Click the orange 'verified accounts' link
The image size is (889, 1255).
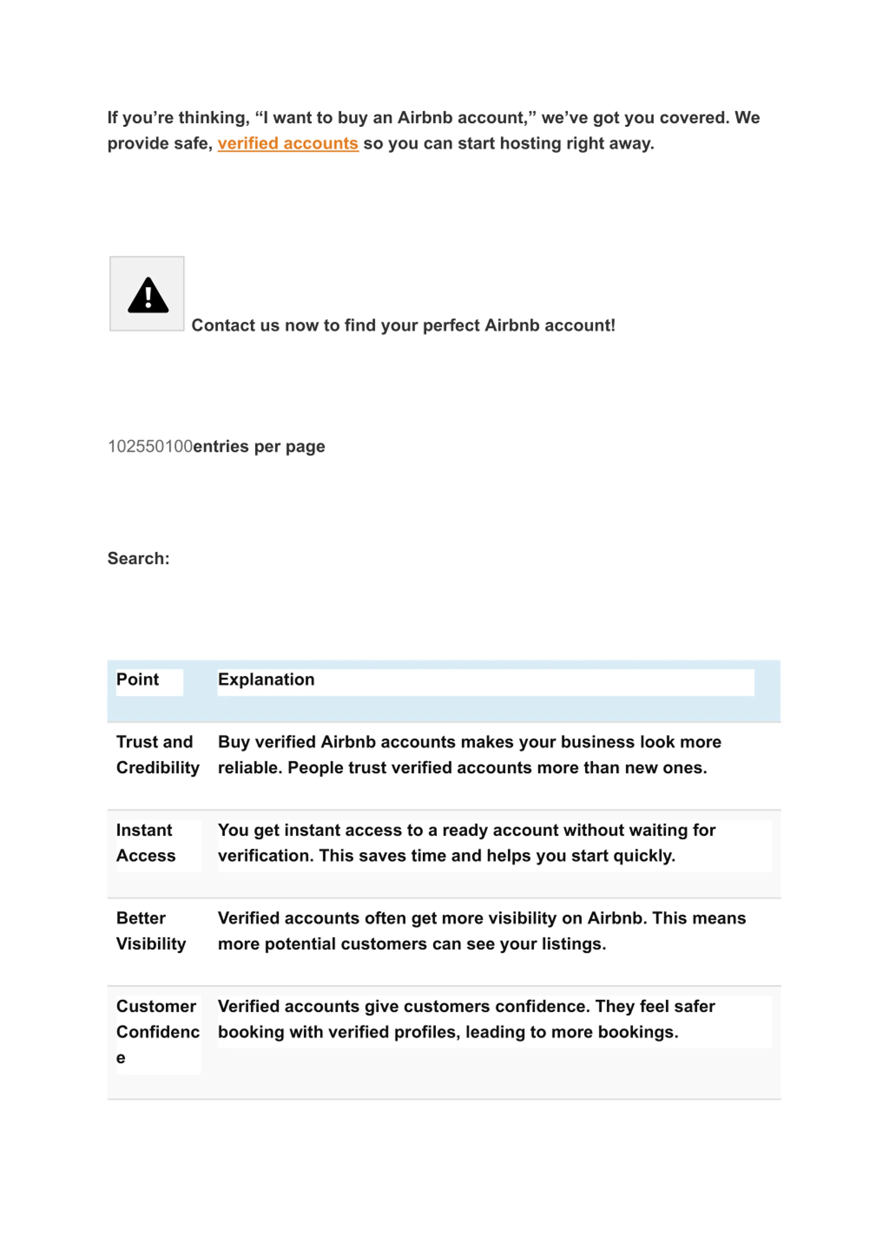(288, 143)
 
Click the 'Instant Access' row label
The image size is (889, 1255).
(146, 843)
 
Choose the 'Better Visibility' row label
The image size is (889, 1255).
(151, 931)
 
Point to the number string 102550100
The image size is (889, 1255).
(150, 446)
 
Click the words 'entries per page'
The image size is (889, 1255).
(259, 446)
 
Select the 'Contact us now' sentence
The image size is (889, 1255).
(404, 326)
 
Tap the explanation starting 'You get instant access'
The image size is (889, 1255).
(466, 843)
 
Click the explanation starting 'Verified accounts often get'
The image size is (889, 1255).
(482, 931)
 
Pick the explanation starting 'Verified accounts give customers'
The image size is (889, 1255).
(466, 1019)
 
